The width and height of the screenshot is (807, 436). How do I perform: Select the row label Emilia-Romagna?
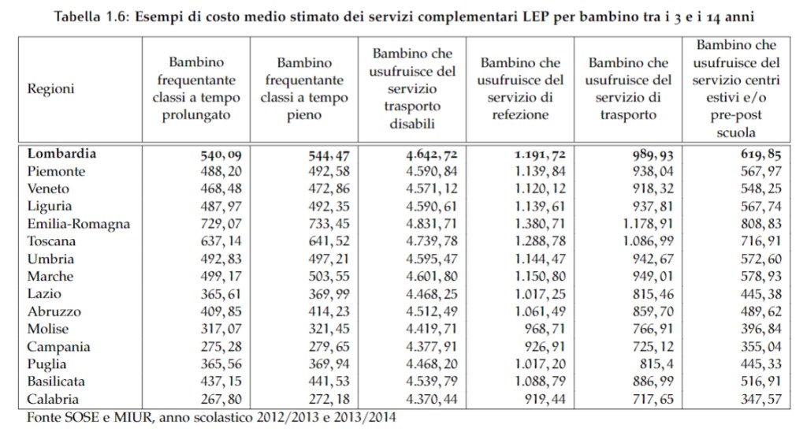[x=78, y=224]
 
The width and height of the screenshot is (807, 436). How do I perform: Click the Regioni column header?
[x=51, y=88]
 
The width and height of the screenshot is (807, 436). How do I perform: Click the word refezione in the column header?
[x=521, y=115]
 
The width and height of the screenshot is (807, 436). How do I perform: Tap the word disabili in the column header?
[x=411, y=124]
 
